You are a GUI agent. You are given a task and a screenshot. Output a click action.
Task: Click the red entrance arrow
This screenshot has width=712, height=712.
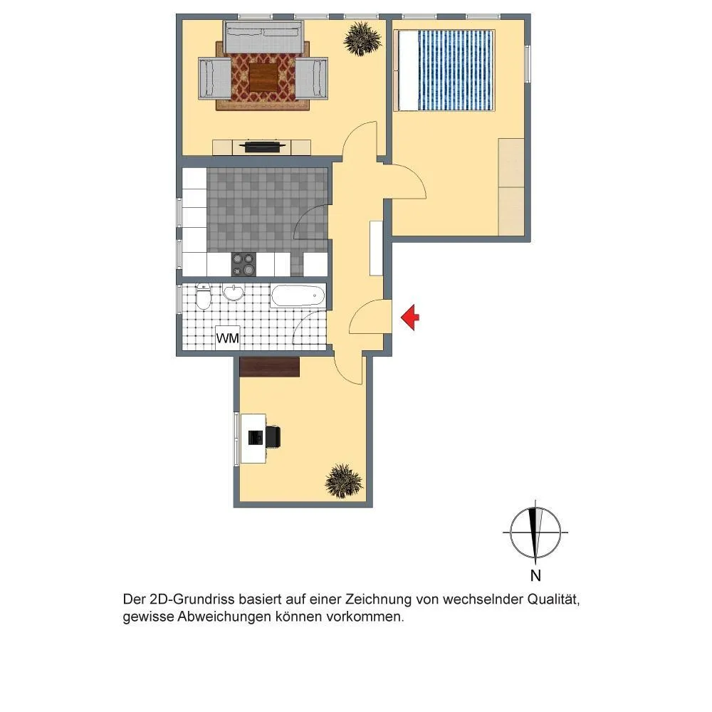pos(410,318)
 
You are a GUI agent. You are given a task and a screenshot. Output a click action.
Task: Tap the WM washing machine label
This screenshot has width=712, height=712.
pos(228,338)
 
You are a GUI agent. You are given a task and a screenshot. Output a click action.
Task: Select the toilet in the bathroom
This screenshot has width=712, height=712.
pos(204,295)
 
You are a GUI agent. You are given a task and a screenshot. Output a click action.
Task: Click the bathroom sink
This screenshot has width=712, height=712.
pos(234,293)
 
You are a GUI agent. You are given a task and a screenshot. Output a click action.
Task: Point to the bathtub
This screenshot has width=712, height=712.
pos(298,295)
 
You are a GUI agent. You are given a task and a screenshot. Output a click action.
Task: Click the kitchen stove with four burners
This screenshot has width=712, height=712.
pos(244,264)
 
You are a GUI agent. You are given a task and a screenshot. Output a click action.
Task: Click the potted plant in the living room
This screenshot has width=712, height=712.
pos(362,39)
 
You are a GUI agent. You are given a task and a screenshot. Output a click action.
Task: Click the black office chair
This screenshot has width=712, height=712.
pos(273,436)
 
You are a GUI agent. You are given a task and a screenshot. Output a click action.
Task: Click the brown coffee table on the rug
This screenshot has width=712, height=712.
pos(263,77)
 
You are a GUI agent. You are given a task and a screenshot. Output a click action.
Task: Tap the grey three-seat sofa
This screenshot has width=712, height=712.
pos(263,38)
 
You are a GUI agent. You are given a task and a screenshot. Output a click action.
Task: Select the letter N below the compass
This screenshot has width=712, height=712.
pos(535,575)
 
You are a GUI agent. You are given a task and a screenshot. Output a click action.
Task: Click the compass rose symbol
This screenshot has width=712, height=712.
pos(535,532)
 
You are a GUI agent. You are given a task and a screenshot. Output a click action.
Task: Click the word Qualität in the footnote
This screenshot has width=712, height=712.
pos(553,600)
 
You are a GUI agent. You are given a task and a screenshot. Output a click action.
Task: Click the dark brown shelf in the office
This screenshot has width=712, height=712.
pos(270,367)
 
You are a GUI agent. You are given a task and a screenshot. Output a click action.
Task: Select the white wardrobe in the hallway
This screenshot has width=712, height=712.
pos(376,248)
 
